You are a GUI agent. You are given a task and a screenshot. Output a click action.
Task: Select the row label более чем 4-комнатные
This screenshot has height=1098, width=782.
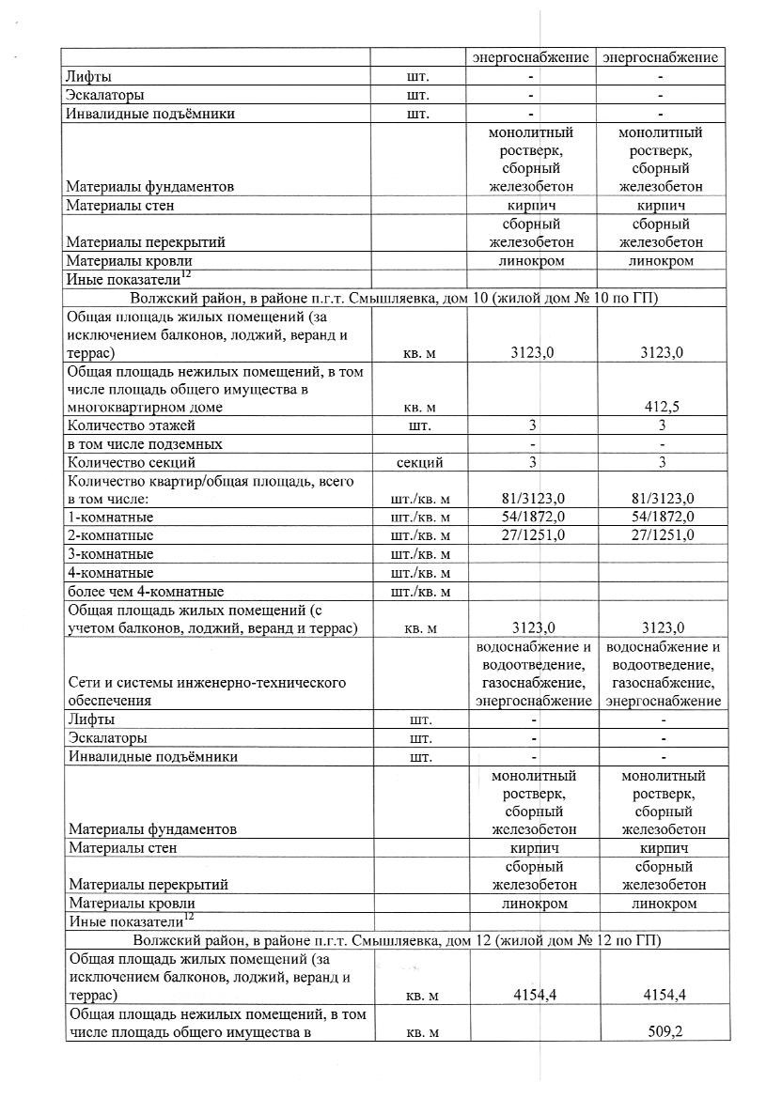point(145,592)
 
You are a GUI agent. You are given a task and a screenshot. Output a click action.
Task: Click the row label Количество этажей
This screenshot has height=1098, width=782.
point(131,425)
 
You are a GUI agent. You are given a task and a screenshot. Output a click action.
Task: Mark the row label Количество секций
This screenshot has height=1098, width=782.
point(131,462)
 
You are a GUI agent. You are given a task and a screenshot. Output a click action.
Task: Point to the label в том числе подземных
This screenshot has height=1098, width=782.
point(144,443)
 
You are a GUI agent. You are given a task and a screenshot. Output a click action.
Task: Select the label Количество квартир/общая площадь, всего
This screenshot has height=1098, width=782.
point(210,481)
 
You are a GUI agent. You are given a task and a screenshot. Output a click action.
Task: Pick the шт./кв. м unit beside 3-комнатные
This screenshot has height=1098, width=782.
point(419,554)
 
